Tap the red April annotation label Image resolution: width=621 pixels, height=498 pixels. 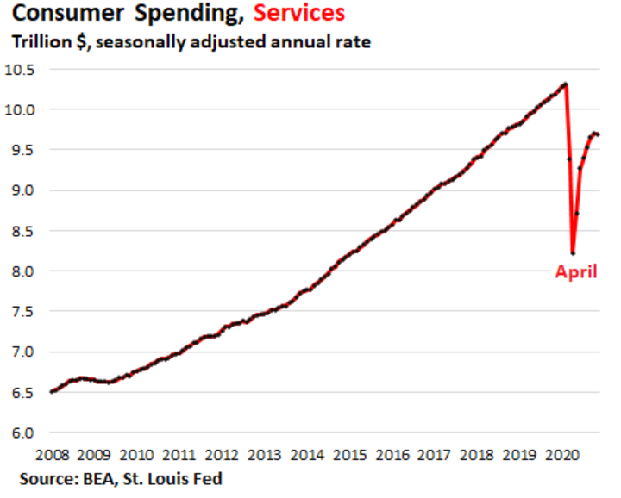(575, 273)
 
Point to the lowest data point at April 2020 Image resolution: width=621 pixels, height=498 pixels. (573, 252)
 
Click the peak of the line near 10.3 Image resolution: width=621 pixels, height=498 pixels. (565, 84)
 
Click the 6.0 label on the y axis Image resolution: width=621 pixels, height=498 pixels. (26, 433)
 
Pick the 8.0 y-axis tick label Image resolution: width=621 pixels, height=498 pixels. (26, 271)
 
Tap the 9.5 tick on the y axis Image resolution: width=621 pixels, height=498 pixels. (26, 150)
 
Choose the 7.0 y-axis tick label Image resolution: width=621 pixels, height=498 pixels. (26, 352)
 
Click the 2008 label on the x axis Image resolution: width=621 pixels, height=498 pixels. (53, 454)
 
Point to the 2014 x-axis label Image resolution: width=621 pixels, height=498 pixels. (307, 454)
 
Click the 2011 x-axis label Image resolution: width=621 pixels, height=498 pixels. (179, 454)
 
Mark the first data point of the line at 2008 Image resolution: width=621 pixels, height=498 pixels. (53, 392)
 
